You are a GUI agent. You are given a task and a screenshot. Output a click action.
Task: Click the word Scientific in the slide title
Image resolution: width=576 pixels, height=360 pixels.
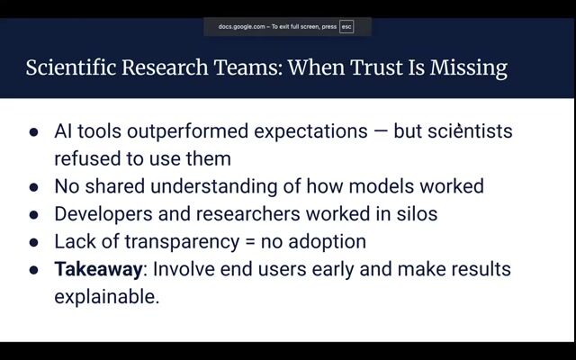(x=71, y=67)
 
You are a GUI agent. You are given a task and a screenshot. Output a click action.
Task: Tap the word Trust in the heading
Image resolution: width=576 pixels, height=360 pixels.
(x=376, y=67)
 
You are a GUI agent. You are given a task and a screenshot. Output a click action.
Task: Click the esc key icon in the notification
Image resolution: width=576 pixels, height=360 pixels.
(x=346, y=27)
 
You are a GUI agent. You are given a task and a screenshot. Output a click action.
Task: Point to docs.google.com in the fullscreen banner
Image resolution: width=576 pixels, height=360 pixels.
(x=241, y=27)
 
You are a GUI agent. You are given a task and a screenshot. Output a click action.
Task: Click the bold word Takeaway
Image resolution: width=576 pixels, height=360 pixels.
(x=98, y=270)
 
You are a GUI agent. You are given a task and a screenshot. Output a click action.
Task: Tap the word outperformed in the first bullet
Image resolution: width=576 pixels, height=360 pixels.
(x=188, y=132)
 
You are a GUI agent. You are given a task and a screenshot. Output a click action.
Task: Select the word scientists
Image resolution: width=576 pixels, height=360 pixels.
(x=470, y=130)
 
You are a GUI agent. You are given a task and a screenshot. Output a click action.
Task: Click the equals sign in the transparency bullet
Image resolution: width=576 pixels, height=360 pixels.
(x=250, y=242)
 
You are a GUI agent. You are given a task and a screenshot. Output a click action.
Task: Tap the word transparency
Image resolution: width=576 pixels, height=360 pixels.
(x=182, y=242)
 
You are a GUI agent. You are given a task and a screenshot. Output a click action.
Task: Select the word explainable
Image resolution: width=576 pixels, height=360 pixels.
(x=107, y=297)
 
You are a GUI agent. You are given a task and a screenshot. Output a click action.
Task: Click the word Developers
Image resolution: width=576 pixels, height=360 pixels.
(x=103, y=214)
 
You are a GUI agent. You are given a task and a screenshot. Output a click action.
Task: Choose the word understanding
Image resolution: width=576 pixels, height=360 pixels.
(x=214, y=186)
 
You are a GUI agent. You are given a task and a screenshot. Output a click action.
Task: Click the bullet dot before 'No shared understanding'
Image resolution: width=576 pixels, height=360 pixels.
(x=33, y=187)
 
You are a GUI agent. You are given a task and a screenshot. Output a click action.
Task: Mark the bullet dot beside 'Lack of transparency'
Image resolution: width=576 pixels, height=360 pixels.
(x=33, y=242)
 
